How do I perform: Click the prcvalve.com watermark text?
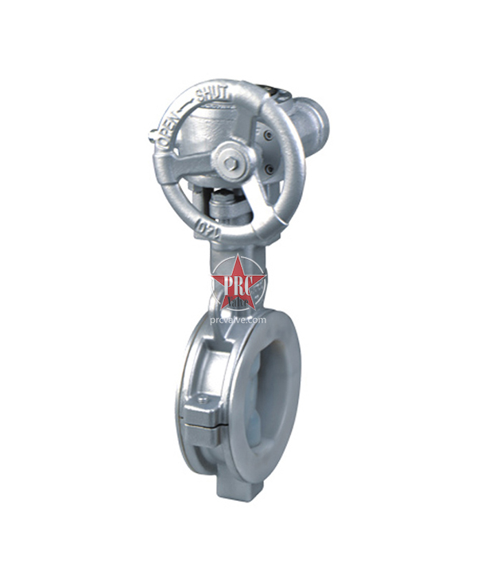click(x=238, y=319)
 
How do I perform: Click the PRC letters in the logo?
click(x=238, y=285)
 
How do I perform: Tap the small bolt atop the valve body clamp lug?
click(x=204, y=399)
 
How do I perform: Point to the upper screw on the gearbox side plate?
click(x=267, y=136)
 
